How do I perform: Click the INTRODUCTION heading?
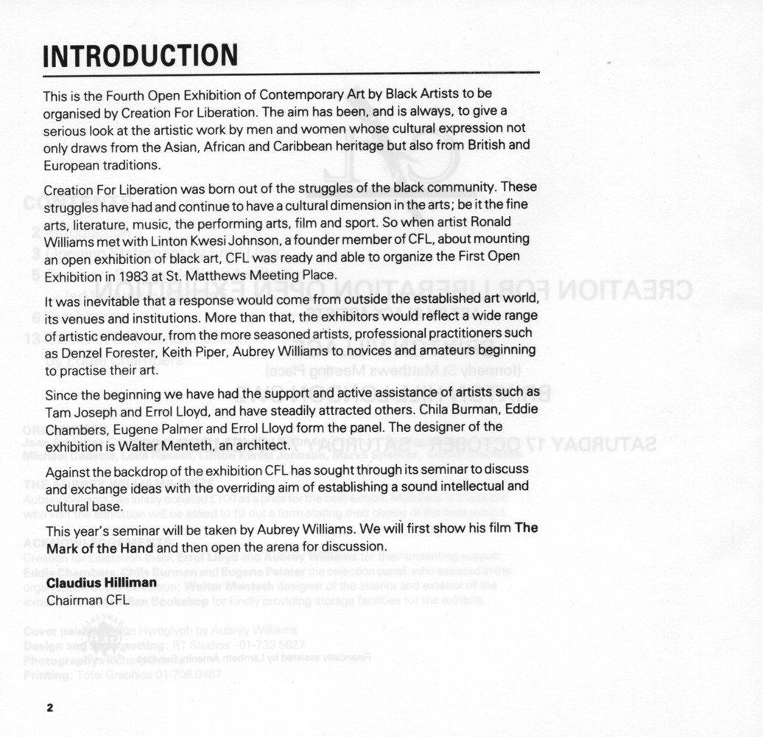pos(140,56)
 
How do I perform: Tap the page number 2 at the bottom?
pos(50,708)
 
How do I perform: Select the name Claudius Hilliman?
pos(102,583)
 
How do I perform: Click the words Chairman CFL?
pos(88,600)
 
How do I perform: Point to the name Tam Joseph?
pos(77,412)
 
